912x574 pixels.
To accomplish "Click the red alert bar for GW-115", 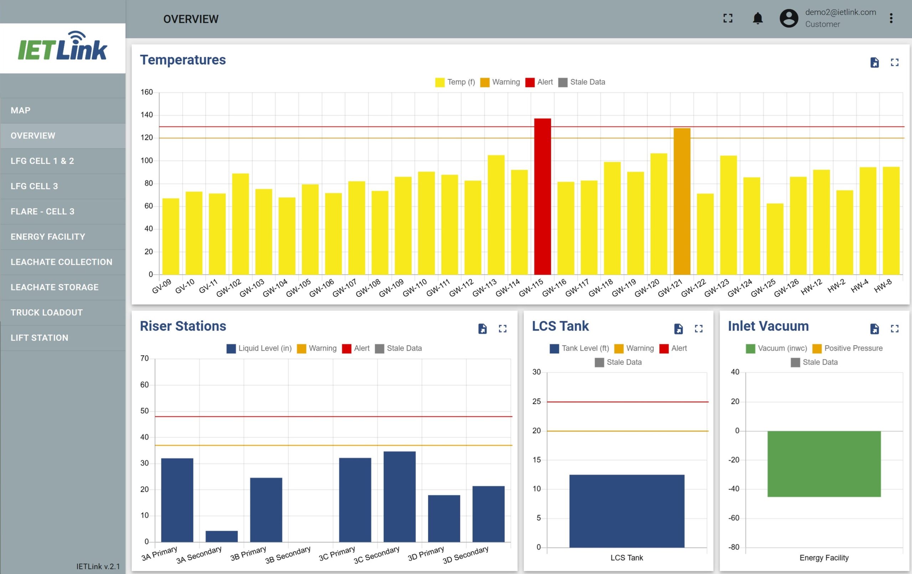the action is point(542,196).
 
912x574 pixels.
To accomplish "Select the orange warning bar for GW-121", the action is point(682,201).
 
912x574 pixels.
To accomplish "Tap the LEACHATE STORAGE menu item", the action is point(55,287).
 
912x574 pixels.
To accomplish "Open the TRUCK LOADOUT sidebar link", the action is point(47,312).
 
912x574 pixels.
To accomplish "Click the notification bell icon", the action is point(757,18).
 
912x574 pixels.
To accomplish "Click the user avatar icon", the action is point(789,18).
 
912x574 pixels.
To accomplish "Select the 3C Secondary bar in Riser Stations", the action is point(400,496).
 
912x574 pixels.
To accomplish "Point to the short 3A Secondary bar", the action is point(222,536).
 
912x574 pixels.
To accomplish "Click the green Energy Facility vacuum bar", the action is point(824,464).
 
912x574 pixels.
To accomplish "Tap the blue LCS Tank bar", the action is point(627,511).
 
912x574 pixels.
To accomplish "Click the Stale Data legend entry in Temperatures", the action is point(582,82).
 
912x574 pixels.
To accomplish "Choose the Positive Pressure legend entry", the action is point(848,348).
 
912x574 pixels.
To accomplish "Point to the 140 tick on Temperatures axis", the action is point(146,115).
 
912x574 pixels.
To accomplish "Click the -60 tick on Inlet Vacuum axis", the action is point(734,518).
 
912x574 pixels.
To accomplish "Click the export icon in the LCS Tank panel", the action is point(678,329).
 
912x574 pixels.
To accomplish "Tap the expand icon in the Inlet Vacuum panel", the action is point(895,329).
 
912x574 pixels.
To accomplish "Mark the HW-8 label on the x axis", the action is point(883,286).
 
